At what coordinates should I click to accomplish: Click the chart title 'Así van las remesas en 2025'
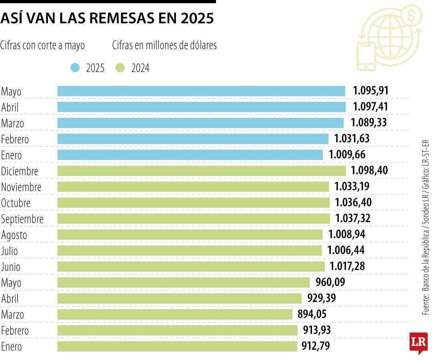[x=107, y=18]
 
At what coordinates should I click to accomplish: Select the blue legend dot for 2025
[x=75, y=68]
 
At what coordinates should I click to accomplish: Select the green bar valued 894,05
[x=175, y=314]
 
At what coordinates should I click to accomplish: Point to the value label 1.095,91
[x=370, y=91]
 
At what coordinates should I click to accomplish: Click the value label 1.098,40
[x=369, y=171]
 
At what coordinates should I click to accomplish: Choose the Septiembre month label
[x=22, y=219]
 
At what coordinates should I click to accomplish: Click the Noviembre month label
[x=21, y=187]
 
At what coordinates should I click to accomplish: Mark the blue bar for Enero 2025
[x=190, y=155]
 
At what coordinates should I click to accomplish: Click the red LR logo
[x=418, y=342]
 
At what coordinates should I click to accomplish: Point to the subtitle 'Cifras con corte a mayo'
[x=43, y=46]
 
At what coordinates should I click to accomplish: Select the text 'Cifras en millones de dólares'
[x=164, y=46]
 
